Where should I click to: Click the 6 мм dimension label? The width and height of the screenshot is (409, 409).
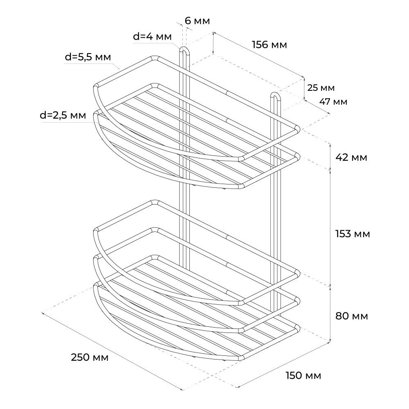(x=197, y=21)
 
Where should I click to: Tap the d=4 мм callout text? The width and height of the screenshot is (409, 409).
(x=152, y=37)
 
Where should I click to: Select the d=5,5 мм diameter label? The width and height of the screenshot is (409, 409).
(x=88, y=57)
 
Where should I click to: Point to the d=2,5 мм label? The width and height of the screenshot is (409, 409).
(x=63, y=115)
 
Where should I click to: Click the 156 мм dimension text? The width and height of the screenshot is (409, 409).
(x=270, y=45)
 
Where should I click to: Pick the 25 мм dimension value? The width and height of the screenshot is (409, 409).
(x=321, y=88)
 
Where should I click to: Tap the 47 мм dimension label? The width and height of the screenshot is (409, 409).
(x=333, y=102)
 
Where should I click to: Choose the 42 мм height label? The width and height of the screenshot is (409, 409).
(x=351, y=157)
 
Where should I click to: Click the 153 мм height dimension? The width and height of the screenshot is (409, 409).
(x=353, y=234)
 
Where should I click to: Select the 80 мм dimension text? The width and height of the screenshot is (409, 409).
(x=352, y=316)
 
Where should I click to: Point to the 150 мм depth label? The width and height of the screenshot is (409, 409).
(x=303, y=376)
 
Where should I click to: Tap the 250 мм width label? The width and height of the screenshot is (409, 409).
(x=90, y=357)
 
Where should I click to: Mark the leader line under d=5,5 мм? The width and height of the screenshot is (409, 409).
(x=92, y=66)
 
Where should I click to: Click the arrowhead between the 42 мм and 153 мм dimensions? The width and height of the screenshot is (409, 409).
(x=330, y=170)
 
